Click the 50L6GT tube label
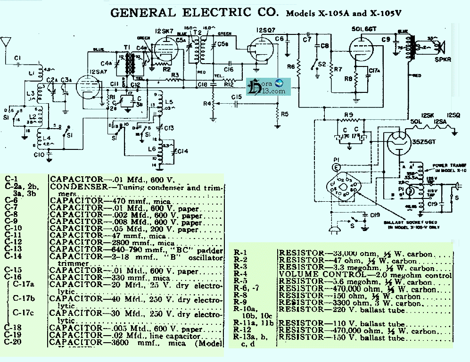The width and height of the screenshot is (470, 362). coord(363,29)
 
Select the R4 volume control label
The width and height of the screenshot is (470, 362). coord(206,103)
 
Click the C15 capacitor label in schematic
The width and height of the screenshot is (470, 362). coord(237,97)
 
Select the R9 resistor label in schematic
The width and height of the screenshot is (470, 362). coord(348,115)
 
